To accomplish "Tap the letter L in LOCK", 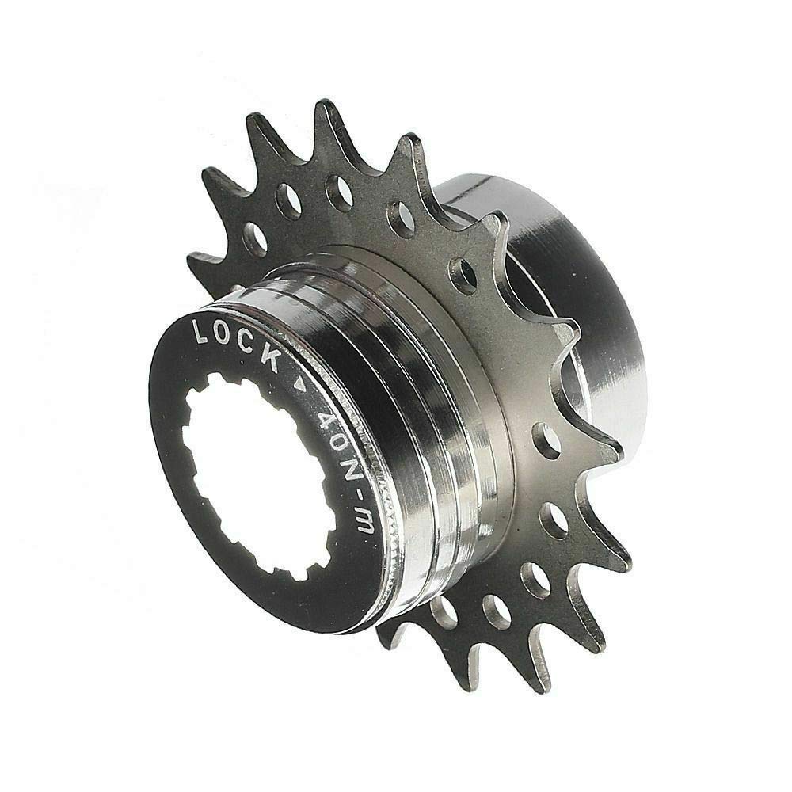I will click(202, 332).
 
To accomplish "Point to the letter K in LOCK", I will click(272, 360).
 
